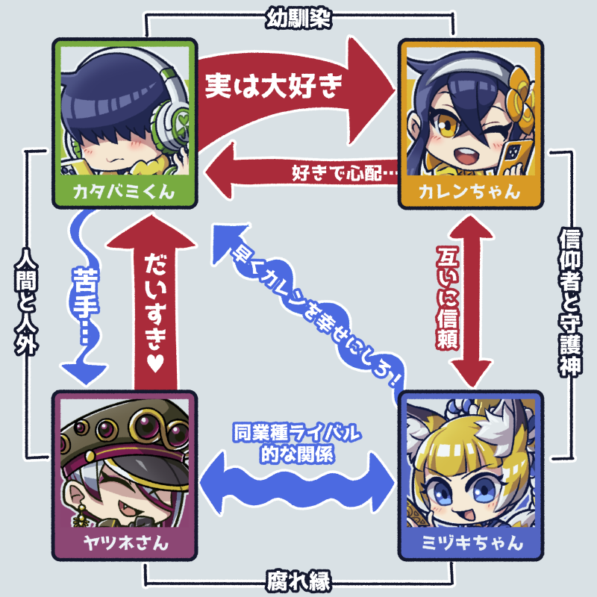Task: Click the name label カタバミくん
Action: [124, 191]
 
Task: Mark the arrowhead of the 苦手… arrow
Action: [81, 369]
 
